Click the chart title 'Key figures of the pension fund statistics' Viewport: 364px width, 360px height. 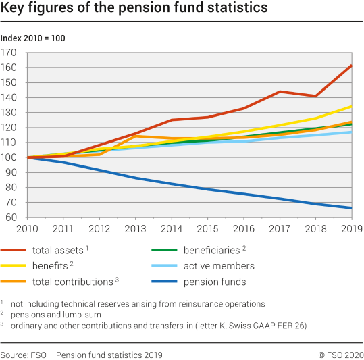(x=134, y=9)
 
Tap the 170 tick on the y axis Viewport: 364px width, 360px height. (x=9, y=53)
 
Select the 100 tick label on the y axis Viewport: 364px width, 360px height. (x=9, y=157)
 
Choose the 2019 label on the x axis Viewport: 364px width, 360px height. (x=350, y=230)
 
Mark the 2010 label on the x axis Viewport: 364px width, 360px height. (x=27, y=230)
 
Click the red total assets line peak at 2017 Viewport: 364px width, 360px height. (x=279, y=91)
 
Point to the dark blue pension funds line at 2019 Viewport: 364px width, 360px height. (x=351, y=208)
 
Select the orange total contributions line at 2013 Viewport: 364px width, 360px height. (x=135, y=136)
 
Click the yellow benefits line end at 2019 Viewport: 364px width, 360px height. (x=351, y=106)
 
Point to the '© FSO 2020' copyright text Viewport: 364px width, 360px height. (x=340, y=355)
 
